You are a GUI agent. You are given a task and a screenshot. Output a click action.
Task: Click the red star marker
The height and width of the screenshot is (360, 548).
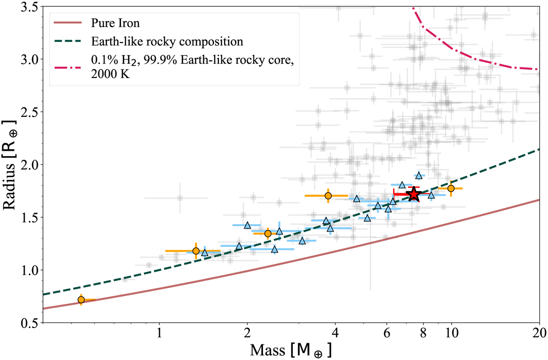click(413, 194)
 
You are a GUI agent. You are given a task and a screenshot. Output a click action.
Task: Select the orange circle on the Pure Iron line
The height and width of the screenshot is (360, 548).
click(81, 299)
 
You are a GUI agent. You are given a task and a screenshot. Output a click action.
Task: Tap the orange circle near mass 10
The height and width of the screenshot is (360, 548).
click(451, 188)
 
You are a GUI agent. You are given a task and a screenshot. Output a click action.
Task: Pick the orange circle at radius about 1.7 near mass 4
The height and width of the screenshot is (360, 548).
click(328, 196)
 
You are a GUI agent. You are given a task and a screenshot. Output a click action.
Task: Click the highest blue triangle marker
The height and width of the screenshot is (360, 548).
click(419, 176)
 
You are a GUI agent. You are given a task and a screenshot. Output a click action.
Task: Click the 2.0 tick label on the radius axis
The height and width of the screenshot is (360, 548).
click(28, 165)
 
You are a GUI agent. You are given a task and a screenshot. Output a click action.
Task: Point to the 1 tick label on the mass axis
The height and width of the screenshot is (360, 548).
click(159, 334)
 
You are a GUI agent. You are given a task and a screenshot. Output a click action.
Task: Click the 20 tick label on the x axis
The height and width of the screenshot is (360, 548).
click(539, 334)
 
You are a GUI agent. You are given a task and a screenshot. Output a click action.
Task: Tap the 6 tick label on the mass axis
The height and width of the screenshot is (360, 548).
click(387, 334)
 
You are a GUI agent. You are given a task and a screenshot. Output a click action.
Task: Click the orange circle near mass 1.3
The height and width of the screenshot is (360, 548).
click(196, 250)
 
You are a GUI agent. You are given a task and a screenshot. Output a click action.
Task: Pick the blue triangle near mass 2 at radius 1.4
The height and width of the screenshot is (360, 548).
click(248, 225)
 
